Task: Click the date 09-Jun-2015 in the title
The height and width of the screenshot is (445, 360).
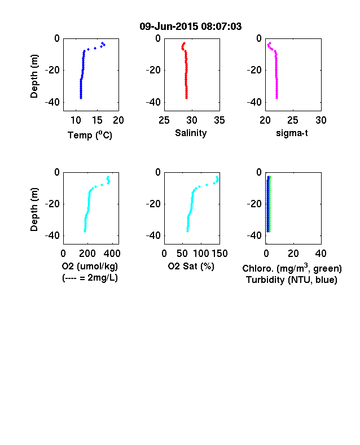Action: pyautogui.click(x=169, y=27)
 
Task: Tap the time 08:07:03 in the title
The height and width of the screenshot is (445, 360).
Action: pyautogui.click(x=221, y=27)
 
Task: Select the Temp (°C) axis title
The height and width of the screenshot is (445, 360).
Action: pyautogui.click(x=90, y=135)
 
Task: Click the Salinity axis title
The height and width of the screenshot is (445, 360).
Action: pyautogui.click(x=191, y=133)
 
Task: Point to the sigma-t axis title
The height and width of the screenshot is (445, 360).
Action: pyautogui.click(x=292, y=133)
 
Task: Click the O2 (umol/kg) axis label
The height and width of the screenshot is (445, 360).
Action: pyautogui.click(x=90, y=266)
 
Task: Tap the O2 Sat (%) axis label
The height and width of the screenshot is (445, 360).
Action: pyautogui.click(x=191, y=266)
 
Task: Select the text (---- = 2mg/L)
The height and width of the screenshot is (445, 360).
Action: pyautogui.click(x=90, y=277)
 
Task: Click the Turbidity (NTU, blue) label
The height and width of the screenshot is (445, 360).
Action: pyautogui.click(x=292, y=280)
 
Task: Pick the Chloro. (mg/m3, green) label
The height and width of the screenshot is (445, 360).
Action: pyautogui.click(x=292, y=268)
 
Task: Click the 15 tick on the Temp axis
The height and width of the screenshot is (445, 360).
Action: pyautogui.click(x=97, y=120)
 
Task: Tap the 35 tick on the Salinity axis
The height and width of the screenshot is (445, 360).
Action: pyautogui.click(x=219, y=120)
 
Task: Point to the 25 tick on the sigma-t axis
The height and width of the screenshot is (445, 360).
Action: pyautogui.click(x=292, y=120)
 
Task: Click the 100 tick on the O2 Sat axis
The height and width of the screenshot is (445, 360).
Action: pyautogui.click(x=201, y=254)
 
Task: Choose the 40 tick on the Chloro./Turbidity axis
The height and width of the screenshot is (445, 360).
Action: pyautogui.click(x=321, y=254)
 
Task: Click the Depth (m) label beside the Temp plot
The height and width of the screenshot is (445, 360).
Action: pyautogui.click(x=34, y=76)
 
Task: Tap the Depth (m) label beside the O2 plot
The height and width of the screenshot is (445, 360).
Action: pyautogui.click(x=34, y=210)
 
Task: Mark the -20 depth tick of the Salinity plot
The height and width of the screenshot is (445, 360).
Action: pyautogui.click(x=153, y=70)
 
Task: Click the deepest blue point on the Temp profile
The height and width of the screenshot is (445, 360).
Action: pyautogui.click(x=81, y=98)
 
